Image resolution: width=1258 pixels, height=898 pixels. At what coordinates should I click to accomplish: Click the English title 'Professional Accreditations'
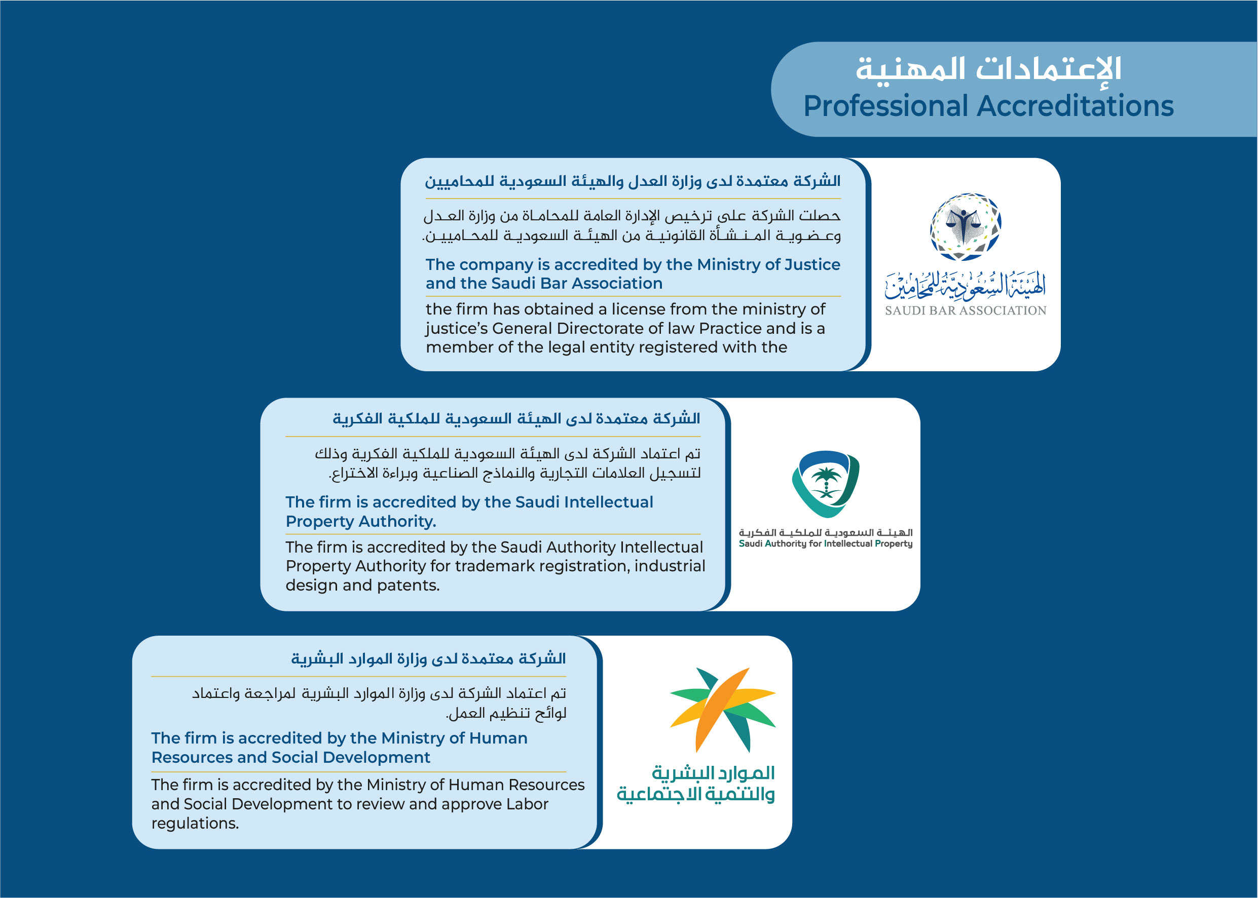[x=988, y=106]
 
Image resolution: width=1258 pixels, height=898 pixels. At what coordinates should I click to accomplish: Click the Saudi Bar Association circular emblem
[x=966, y=227]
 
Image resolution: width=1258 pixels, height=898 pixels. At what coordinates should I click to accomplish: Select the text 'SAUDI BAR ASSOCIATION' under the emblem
[x=966, y=311]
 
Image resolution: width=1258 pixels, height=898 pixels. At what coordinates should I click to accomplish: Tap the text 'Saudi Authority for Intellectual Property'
[x=825, y=543]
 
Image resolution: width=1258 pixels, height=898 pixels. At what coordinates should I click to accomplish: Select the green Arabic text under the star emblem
[x=696, y=784]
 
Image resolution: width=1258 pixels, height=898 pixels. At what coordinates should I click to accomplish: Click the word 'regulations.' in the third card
[x=195, y=824]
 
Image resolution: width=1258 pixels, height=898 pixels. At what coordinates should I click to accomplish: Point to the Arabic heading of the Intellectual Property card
[x=516, y=418]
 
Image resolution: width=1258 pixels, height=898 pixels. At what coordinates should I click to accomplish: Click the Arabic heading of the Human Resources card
[x=428, y=658]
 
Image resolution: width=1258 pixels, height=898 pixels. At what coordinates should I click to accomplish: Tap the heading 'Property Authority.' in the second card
[x=361, y=522]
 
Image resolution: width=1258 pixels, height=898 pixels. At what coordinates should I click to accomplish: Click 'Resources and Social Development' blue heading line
[x=290, y=757]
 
